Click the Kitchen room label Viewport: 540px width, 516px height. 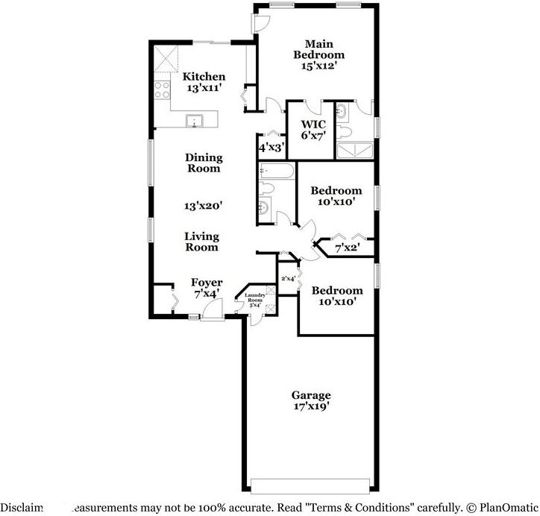204,77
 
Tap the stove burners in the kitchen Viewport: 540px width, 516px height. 162,90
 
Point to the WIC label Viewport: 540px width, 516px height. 311,125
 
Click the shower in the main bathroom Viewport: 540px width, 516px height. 356,152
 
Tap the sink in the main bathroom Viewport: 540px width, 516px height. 342,113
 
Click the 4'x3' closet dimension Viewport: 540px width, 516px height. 270,148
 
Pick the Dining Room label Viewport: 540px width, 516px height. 203,163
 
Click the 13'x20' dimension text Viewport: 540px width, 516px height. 203,205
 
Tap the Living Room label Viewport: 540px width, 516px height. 202,242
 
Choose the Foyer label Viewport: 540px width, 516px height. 207,283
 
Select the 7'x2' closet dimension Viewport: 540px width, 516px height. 347,248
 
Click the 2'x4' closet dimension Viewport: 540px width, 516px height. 288,279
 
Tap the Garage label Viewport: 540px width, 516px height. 311,395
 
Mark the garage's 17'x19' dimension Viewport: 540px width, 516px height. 311,406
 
